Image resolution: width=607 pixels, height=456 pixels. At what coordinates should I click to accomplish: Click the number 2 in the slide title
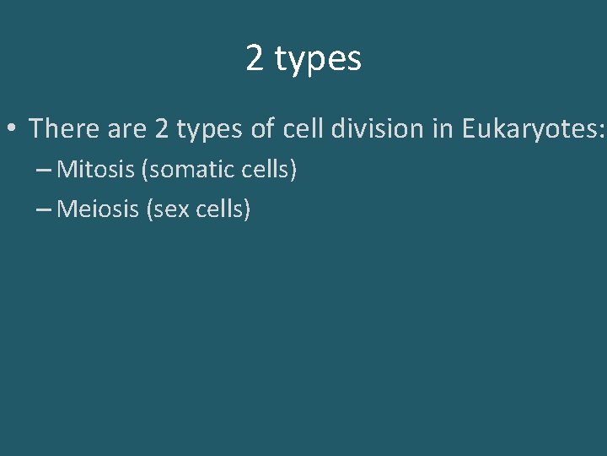[255, 58]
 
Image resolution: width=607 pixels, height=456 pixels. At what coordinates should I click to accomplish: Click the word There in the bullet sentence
[64, 128]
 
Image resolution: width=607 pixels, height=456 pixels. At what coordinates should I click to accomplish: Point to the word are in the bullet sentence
[127, 129]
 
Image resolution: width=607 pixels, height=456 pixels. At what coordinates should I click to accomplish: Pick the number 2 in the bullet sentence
[163, 128]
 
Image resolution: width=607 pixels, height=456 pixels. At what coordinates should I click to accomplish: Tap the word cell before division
[303, 128]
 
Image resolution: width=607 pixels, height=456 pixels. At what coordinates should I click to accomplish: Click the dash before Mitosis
[45, 170]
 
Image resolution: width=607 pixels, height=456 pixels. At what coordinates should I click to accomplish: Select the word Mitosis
[96, 170]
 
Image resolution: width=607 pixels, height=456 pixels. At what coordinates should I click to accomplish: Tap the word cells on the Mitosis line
[266, 170]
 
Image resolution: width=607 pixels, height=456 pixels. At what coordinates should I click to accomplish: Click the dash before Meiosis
[45, 209]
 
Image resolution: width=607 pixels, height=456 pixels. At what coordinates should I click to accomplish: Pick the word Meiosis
[98, 209]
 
